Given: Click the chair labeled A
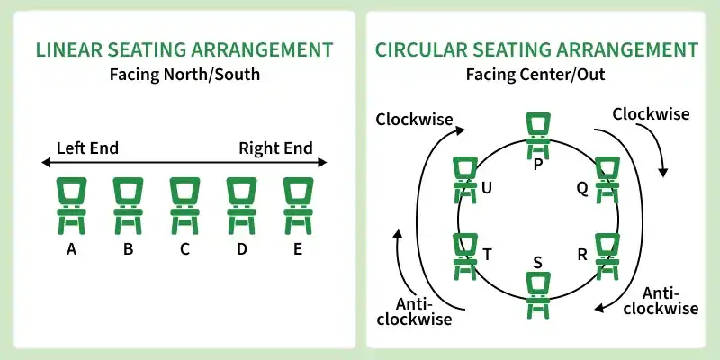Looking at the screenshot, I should (71, 205).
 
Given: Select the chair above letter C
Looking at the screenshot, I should (184, 205).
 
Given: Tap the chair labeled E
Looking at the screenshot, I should (297, 205).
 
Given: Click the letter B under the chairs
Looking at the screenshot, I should (129, 249).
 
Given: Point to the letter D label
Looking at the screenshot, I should (241, 249).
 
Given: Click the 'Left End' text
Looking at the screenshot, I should (87, 148).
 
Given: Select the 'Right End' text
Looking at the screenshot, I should (275, 148).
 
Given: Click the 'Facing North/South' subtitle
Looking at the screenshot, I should (184, 74).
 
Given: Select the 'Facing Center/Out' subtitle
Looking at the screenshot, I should (535, 74).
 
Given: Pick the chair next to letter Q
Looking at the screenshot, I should (607, 178).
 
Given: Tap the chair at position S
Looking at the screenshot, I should (538, 292).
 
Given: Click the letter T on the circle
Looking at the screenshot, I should (487, 255).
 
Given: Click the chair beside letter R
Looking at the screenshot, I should (607, 256).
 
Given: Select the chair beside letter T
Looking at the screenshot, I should (465, 256).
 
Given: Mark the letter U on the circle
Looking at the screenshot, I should (487, 188).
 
